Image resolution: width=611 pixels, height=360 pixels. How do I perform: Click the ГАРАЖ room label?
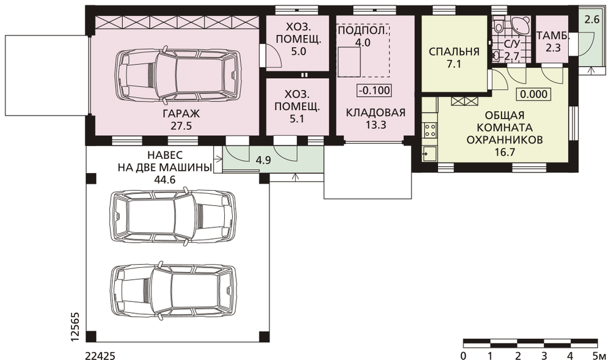pyautogui.click(x=181, y=114)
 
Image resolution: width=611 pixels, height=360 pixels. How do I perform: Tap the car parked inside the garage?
pyautogui.click(x=178, y=76)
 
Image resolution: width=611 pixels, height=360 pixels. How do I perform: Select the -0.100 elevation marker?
pyautogui.click(x=374, y=90)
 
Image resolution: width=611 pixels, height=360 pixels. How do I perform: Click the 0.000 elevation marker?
pyautogui.click(x=533, y=94)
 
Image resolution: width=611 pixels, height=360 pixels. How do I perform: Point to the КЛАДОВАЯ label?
pyautogui.click(x=376, y=112)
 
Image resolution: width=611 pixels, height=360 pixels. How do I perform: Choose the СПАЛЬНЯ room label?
pyautogui.click(x=454, y=52)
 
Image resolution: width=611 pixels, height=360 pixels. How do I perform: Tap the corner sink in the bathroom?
pyautogui.click(x=521, y=25)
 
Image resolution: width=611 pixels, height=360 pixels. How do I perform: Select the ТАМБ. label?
pyautogui.click(x=553, y=36)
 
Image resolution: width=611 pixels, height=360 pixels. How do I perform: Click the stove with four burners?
pyautogui.click(x=430, y=130)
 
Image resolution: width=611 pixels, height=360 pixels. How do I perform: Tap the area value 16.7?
pyautogui.click(x=505, y=152)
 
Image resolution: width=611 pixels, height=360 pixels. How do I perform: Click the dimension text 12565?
pyautogui.click(x=76, y=327)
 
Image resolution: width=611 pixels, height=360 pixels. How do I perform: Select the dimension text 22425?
pyautogui.click(x=100, y=355)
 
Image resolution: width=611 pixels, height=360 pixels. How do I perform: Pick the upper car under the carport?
pyautogui.click(x=174, y=216)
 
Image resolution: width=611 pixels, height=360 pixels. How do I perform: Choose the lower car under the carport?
pyautogui.click(x=174, y=291)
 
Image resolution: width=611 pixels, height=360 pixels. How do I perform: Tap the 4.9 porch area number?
pyautogui.click(x=263, y=160)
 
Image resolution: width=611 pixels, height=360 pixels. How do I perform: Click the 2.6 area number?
pyautogui.click(x=591, y=19)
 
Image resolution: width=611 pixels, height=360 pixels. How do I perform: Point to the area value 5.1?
pyautogui.click(x=297, y=119)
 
